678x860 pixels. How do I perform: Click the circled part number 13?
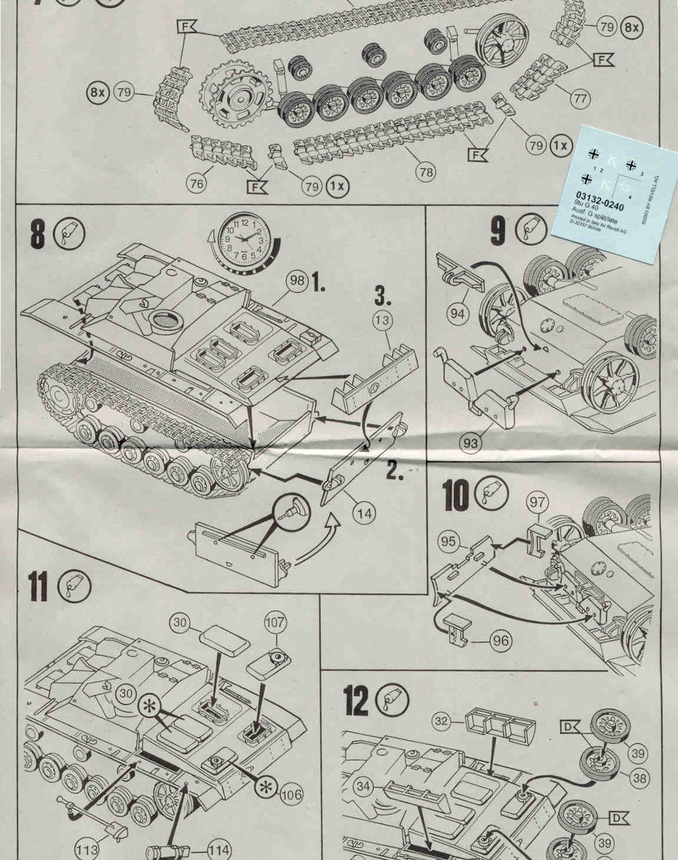pyautogui.click(x=383, y=321)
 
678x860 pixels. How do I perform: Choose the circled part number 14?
pyautogui.click(x=365, y=512)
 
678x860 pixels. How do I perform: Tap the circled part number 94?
pyautogui.click(x=458, y=313)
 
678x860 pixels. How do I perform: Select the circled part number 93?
pyautogui.click(x=470, y=442)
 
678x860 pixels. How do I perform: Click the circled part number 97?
pyautogui.click(x=537, y=502)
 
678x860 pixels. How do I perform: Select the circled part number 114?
pyautogui.click(x=219, y=850)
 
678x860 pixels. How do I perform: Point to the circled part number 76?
pyautogui.click(x=197, y=184)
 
